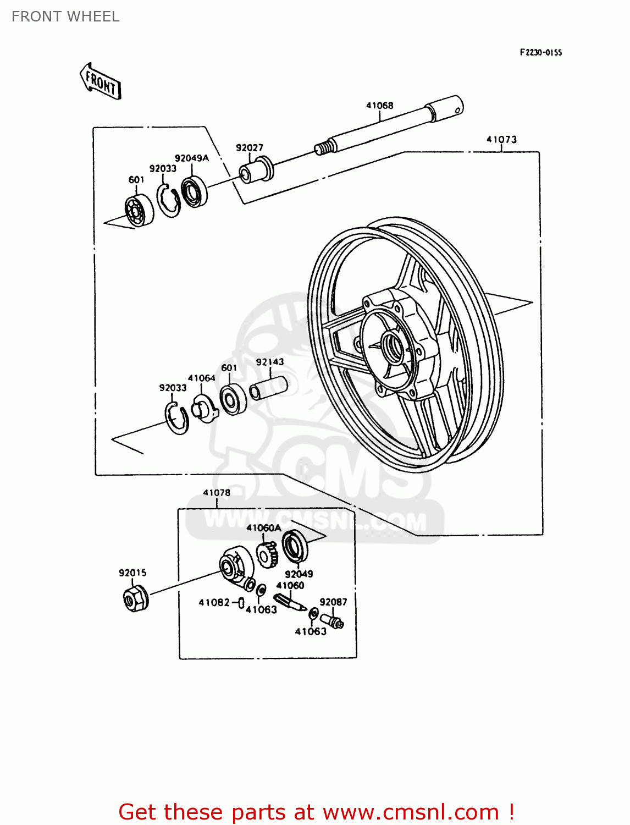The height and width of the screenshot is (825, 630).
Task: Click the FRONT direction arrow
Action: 101,81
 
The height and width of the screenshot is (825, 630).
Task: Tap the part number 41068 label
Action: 380,105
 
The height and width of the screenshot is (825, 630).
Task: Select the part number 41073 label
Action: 501,140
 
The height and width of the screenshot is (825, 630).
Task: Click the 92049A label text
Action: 192,158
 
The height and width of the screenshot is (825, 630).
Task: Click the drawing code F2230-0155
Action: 541,53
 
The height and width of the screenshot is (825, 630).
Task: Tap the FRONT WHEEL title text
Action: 65,16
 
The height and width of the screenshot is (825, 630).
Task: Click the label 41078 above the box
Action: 217,493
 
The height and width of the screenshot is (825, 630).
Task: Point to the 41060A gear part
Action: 268,555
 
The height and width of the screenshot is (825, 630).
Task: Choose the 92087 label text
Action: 333,602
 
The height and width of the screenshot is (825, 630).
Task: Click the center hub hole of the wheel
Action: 394,346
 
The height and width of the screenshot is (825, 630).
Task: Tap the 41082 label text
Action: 214,603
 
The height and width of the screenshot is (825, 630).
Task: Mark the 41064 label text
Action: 202,378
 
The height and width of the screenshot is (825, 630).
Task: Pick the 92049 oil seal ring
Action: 295,544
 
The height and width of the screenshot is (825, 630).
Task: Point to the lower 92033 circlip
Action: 177,418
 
